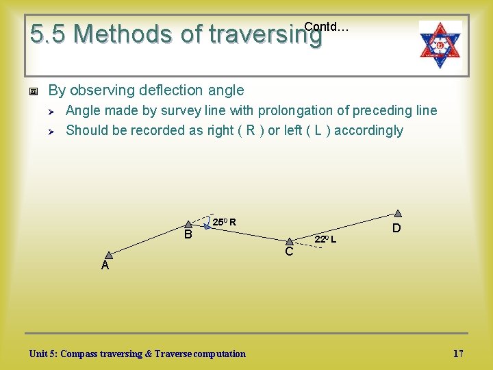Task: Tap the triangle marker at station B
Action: coord(189,224)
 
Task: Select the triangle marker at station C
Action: coord(290,241)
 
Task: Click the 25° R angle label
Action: coord(224,222)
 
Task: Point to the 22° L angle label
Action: coord(325,239)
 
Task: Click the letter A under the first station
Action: coord(105,266)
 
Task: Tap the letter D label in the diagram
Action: coord(396,227)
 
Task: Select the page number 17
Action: coord(458,354)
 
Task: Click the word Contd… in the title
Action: coord(326,27)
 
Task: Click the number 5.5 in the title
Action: coord(49,34)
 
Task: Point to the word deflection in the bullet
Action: coord(162,90)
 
